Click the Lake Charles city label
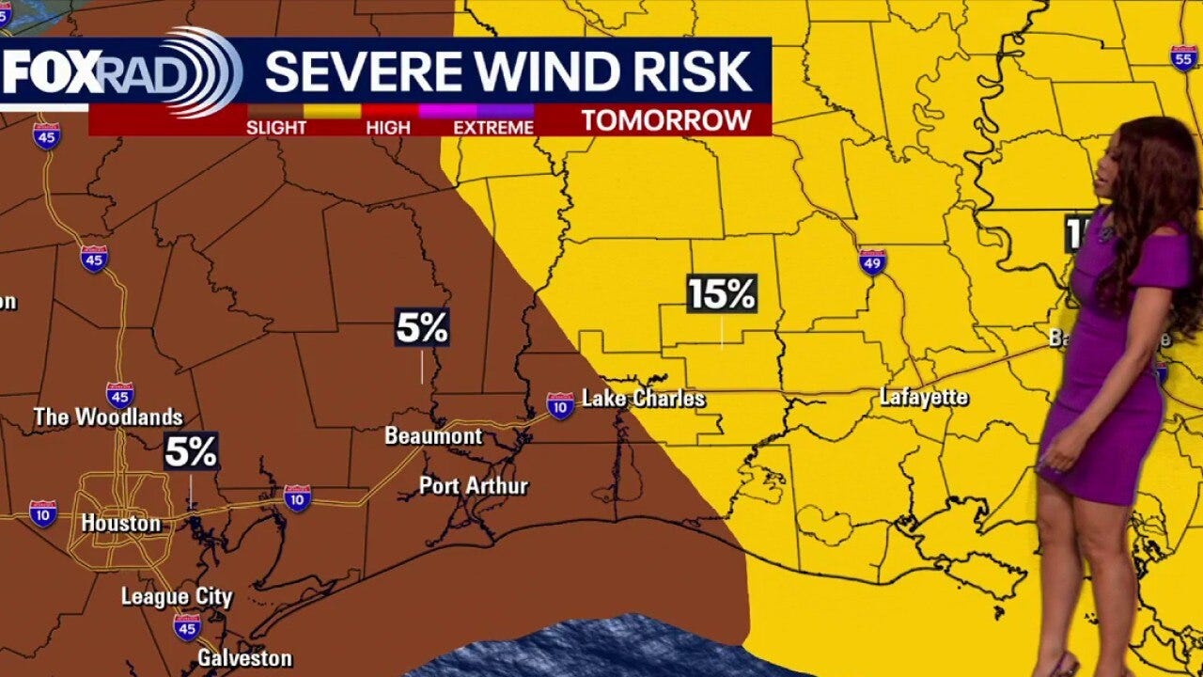coord(644,399)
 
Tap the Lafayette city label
coord(923,398)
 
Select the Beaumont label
coord(433,436)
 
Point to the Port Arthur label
coord(474,486)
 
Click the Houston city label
coord(121,523)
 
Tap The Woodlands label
coord(108,417)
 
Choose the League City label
coord(176,596)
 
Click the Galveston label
coord(244,658)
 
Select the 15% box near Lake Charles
coord(722,294)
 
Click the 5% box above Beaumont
coord(422,328)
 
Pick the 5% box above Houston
coord(191,452)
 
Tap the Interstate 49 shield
coord(872,261)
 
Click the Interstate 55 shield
coord(1184,57)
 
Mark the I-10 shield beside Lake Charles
coord(560,405)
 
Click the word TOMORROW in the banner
coord(665,119)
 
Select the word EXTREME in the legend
coord(493,127)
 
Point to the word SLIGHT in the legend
coord(276,127)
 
